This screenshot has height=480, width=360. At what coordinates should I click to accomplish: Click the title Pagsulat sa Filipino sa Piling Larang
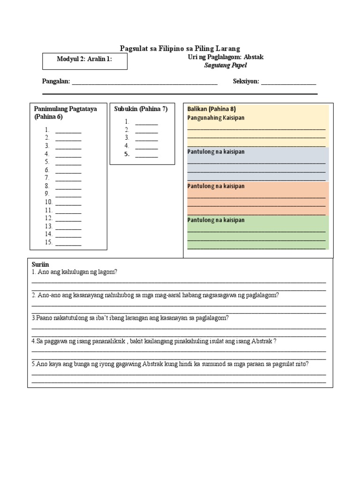(180, 48)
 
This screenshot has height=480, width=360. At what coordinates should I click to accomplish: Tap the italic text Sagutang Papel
(225, 66)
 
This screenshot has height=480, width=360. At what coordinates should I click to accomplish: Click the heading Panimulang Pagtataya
(66, 109)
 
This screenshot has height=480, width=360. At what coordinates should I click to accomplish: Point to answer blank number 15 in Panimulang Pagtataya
(68, 243)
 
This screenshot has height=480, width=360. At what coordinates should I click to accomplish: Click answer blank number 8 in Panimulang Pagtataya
(68, 187)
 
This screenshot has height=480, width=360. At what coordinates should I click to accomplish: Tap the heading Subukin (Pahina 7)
(141, 109)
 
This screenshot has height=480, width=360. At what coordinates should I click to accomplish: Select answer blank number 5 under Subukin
(147, 155)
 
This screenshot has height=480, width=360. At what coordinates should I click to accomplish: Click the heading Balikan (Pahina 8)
(211, 109)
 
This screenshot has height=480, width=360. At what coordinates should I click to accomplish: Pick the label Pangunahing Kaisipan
(216, 118)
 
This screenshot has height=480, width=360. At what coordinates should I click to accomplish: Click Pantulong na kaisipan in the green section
(216, 220)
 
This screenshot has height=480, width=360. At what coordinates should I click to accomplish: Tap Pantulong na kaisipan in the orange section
(216, 186)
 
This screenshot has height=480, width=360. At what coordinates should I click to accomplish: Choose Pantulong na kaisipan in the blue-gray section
(216, 152)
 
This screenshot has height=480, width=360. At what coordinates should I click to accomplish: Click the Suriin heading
(40, 264)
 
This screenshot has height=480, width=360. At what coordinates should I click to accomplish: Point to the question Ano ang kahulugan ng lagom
(74, 272)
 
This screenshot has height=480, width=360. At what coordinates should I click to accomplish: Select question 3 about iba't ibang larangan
(130, 318)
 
